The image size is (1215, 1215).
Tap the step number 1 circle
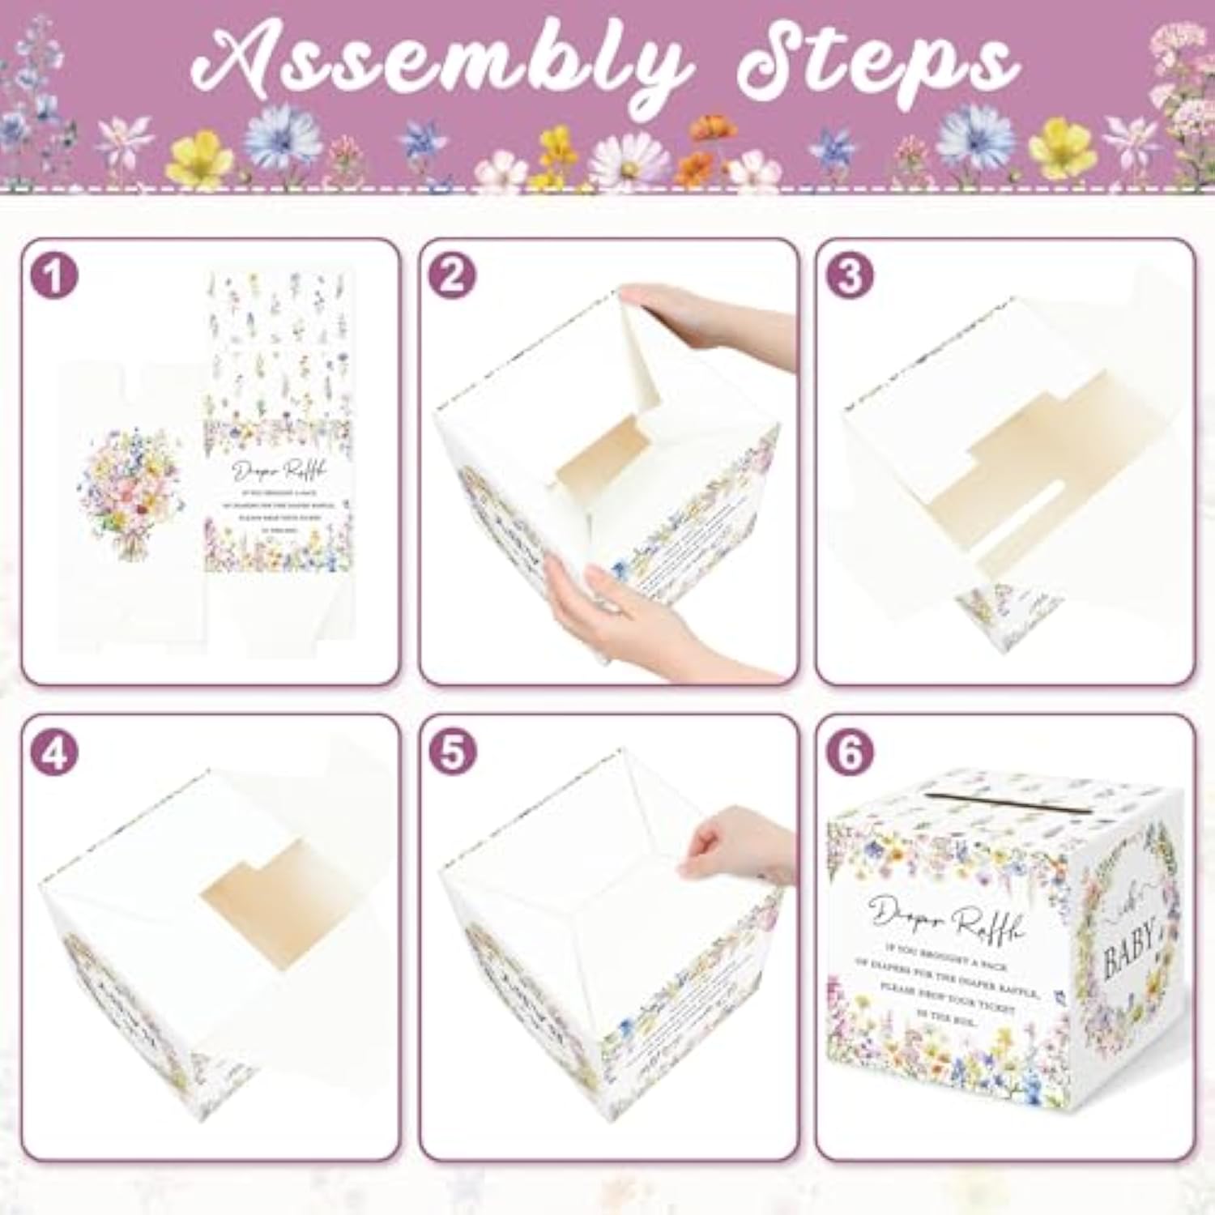54,275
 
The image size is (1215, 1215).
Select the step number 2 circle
452,275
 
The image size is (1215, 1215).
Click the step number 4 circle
54,752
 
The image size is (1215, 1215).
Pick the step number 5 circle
452,752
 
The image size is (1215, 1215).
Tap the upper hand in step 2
705,320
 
